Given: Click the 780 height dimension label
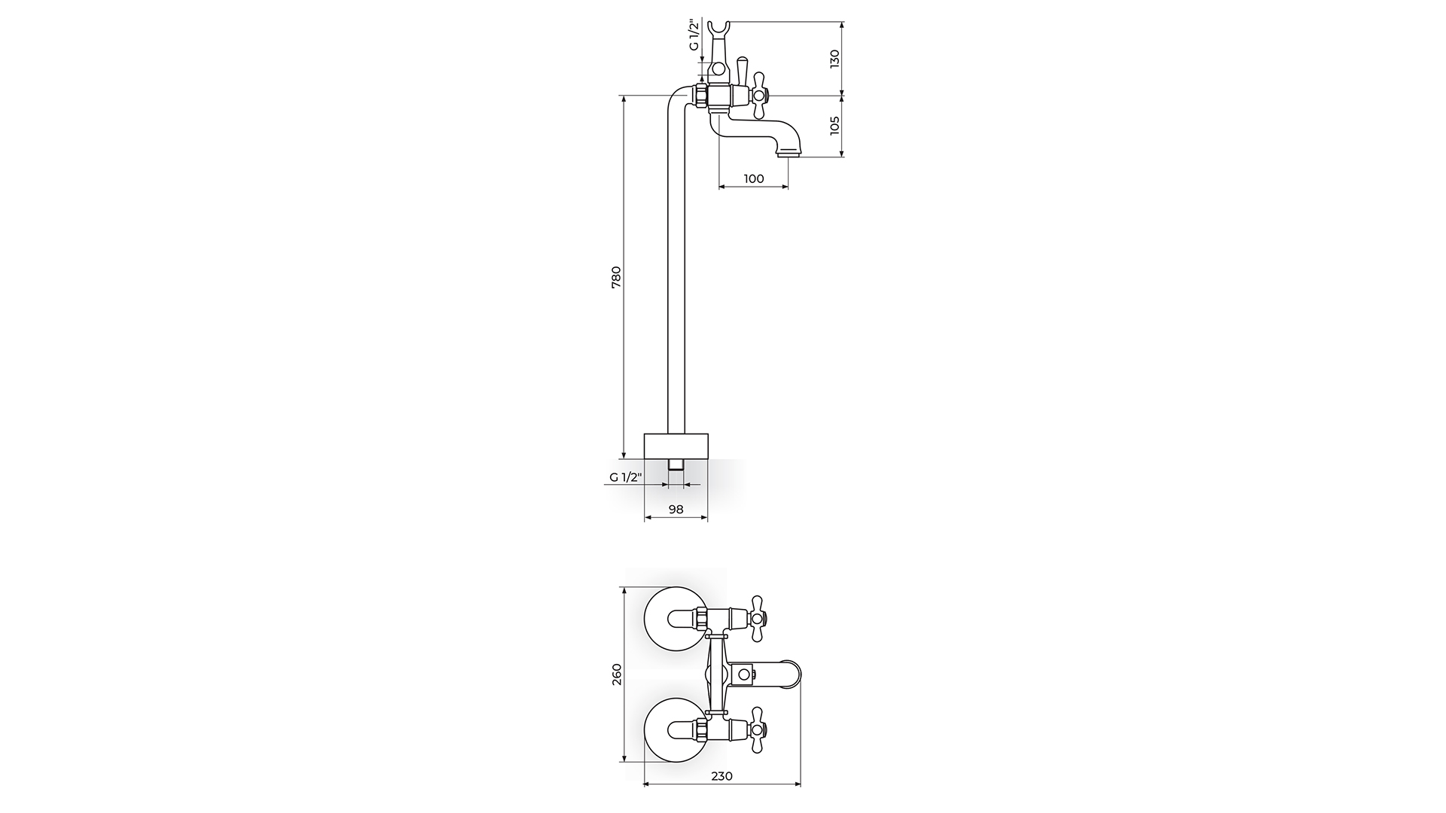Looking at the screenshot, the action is (616, 277).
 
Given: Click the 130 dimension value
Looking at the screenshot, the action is (834, 59).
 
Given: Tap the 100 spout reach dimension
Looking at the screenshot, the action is (753, 178).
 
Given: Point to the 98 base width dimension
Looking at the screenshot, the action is (676, 510).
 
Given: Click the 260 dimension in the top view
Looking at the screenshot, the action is (616, 674).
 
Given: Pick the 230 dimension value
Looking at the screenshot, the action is (721, 776).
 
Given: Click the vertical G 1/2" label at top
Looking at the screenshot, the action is (694, 35).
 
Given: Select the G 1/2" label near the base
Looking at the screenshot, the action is (624, 477).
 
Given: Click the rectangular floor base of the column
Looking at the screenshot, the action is (676, 446).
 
